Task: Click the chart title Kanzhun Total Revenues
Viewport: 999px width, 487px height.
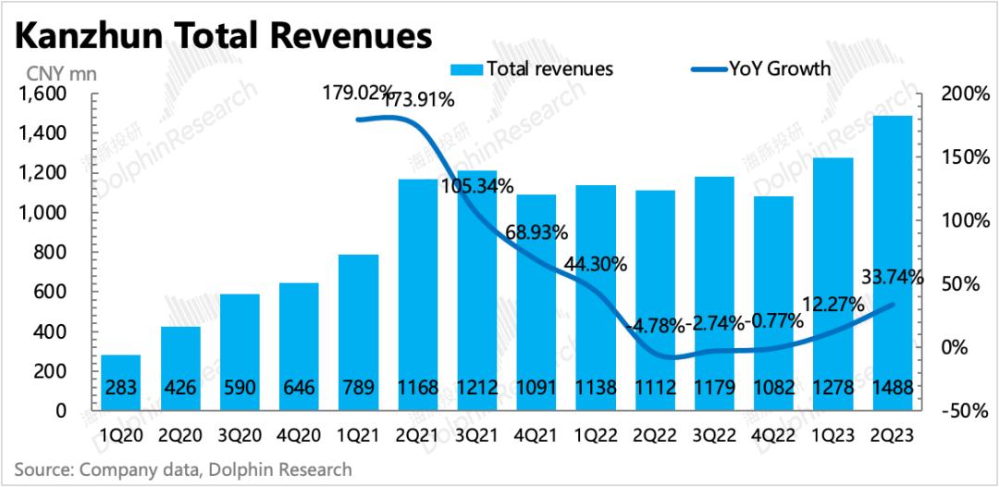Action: pyautogui.click(x=224, y=36)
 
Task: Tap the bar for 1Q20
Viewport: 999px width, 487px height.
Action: pyautogui.click(x=120, y=382)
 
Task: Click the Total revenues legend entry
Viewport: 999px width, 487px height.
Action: pyautogui.click(x=532, y=69)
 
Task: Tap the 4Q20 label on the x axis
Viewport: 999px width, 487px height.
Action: pyautogui.click(x=300, y=434)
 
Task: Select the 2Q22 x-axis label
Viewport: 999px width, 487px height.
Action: pyautogui.click(x=655, y=434)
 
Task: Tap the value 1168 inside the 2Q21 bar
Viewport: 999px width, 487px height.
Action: pyautogui.click(x=419, y=388)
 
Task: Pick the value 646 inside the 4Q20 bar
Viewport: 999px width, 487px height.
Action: pyautogui.click(x=300, y=388)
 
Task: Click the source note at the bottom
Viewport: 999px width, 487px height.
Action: pyautogui.click(x=183, y=469)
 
